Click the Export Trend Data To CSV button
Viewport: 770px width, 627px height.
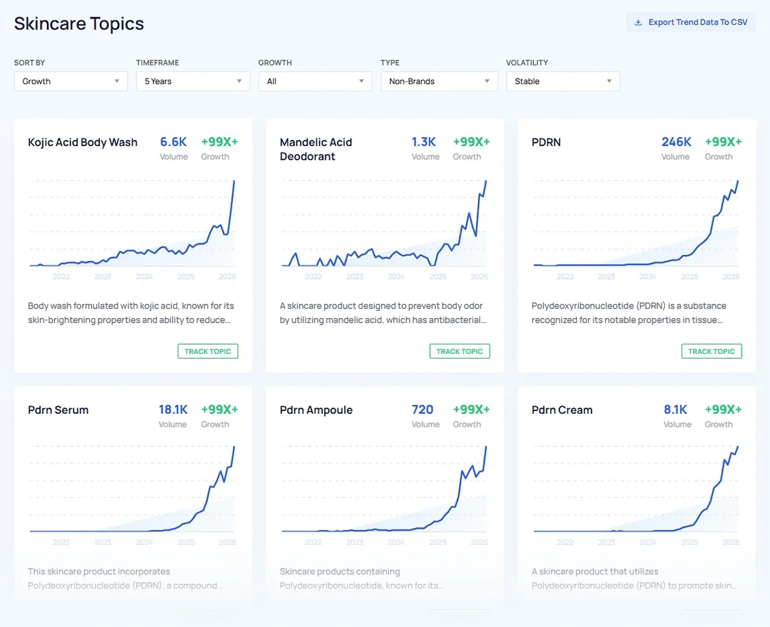pyautogui.click(x=691, y=22)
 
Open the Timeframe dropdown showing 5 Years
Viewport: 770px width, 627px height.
pyautogui.click(x=193, y=82)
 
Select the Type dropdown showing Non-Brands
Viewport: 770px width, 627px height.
pyautogui.click(x=439, y=82)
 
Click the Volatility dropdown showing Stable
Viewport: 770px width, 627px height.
pyautogui.click(x=563, y=82)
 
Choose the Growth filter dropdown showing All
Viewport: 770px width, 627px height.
pyautogui.click(x=315, y=82)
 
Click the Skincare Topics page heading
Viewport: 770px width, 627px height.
pyautogui.click(x=79, y=24)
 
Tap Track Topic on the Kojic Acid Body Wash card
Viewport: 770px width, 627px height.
pyautogui.click(x=208, y=351)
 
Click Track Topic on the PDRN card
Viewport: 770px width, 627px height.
pyautogui.click(x=712, y=351)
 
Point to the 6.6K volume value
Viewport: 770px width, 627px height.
pyautogui.click(x=173, y=142)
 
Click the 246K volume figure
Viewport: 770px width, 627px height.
pyautogui.click(x=676, y=142)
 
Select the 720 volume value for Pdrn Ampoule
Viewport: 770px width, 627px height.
pyautogui.click(x=423, y=410)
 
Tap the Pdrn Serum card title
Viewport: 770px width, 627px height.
pyautogui.click(x=58, y=410)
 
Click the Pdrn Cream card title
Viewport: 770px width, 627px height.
pyautogui.click(x=562, y=410)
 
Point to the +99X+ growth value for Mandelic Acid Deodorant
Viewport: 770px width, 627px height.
pyautogui.click(x=471, y=142)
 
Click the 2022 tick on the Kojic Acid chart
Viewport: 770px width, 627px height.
pyautogui.click(x=62, y=277)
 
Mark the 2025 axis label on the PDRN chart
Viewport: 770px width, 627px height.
pyautogui.click(x=690, y=277)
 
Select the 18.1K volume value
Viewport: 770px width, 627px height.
pyautogui.click(x=173, y=410)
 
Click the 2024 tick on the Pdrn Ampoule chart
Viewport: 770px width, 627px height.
pyautogui.click(x=396, y=542)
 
